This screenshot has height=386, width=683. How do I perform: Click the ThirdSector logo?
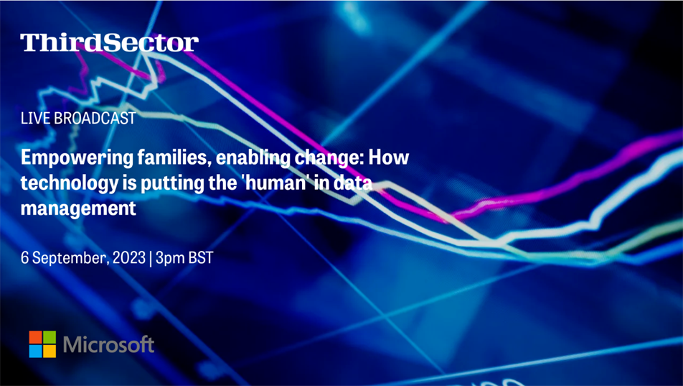coord(109,43)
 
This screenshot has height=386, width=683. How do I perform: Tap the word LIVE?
coord(35,119)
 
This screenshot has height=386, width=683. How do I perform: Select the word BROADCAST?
coord(95,119)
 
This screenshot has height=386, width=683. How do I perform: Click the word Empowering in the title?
coord(77,158)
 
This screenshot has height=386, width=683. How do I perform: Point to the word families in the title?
coord(174,157)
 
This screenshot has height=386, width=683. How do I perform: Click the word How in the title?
coord(389,157)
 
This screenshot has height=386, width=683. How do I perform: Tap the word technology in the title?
coord(70,183)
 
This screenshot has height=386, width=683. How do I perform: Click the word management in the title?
coord(78,208)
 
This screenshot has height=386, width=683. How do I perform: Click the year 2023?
coord(129,257)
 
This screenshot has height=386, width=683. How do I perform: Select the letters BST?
coord(201,257)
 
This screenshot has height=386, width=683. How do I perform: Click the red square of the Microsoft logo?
coord(36,337)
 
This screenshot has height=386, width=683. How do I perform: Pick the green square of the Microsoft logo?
coord(50,337)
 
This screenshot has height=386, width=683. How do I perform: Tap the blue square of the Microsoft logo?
coord(36,351)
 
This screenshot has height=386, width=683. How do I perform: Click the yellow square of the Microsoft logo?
coord(50,351)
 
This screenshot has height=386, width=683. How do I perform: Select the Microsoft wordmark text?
coord(108,344)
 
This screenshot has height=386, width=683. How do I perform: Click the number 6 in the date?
coord(25,257)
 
